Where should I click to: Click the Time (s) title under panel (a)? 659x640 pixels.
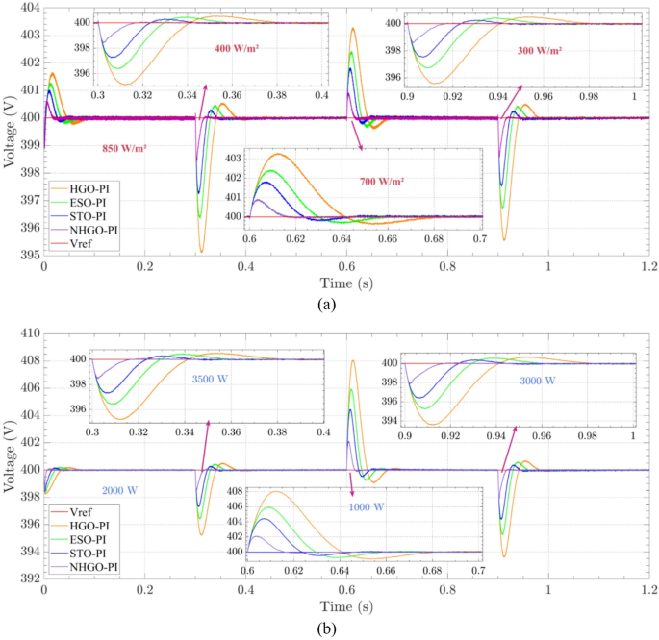[x=346, y=283]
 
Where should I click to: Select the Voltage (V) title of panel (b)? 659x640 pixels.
[x=9, y=455]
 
